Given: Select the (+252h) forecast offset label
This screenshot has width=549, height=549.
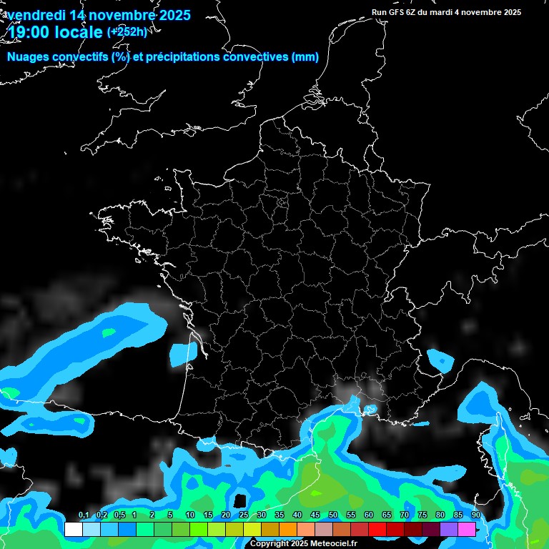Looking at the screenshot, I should [127, 31].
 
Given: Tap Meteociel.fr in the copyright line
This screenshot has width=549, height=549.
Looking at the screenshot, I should [333, 544].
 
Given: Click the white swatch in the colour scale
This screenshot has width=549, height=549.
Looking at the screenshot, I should [73, 530].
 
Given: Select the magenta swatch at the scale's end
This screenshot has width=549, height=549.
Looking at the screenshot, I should [467, 530].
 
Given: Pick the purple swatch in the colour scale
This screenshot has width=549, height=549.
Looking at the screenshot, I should [449, 530].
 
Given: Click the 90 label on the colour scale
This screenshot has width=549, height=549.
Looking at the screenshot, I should [476, 515].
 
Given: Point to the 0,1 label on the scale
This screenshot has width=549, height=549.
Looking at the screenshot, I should [84, 515].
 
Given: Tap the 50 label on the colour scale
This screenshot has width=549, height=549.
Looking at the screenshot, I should [333, 515].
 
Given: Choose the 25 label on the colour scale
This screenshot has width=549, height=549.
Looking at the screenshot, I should [244, 515].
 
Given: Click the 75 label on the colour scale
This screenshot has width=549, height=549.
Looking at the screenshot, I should [422, 515].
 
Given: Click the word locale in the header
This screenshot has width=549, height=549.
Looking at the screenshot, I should [77, 31].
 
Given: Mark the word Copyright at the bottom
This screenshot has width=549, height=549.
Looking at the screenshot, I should [269, 544].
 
